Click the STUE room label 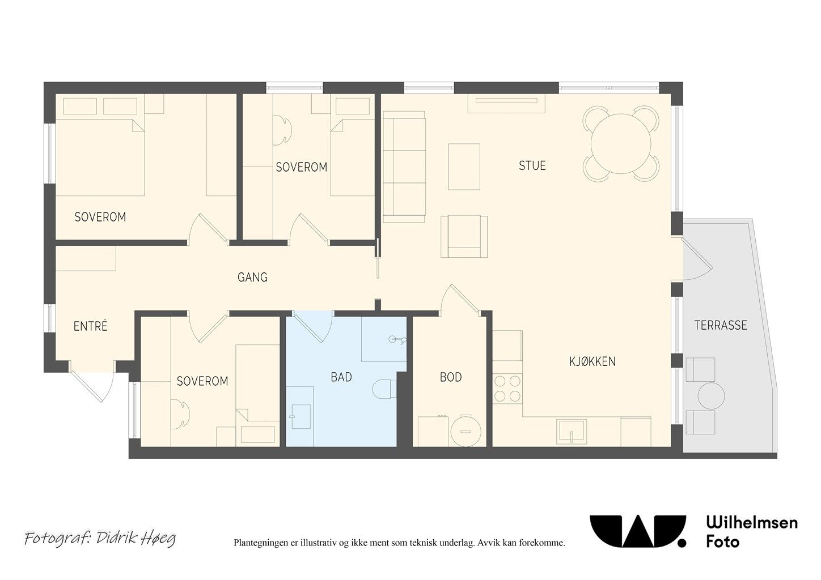tap(532, 166)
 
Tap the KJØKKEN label tap(593, 362)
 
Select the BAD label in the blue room tap(341, 377)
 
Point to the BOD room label tap(451, 377)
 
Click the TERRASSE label tap(721, 325)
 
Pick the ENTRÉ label tap(91, 326)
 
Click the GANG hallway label tap(252, 277)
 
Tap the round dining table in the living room tap(621, 143)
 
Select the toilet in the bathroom tap(384, 389)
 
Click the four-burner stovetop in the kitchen tap(507, 389)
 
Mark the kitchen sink tap(571, 431)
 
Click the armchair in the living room tap(464, 236)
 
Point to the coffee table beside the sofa tap(464, 167)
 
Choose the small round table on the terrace tap(711, 396)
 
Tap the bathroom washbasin tap(301, 416)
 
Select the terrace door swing tap(697, 259)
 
